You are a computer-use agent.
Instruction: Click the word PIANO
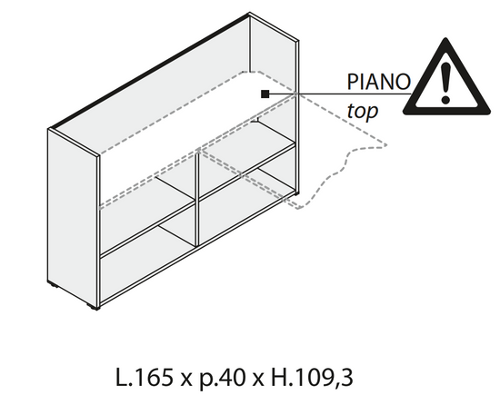click(x=378, y=82)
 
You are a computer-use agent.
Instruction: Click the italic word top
click(x=362, y=111)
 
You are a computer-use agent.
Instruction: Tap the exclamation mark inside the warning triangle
click(x=445, y=84)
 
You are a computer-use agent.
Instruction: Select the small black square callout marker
click(x=265, y=94)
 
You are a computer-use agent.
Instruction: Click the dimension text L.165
click(x=144, y=378)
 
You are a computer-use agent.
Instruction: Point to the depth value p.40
click(x=223, y=379)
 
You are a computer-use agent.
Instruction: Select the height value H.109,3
click(x=312, y=378)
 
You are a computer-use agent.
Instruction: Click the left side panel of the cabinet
click(x=73, y=217)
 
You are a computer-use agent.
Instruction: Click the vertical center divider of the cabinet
click(x=197, y=198)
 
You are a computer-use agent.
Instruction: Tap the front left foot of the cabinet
click(x=93, y=307)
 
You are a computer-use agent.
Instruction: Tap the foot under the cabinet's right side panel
click(x=296, y=193)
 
